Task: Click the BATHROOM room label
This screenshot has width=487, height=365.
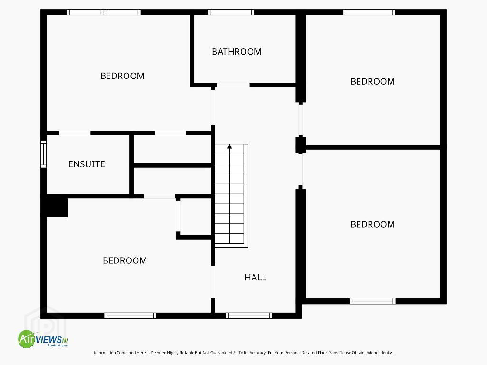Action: click(x=236, y=51)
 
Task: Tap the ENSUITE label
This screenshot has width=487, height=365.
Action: click(x=87, y=164)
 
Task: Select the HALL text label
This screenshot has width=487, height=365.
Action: click(x=255, y=278)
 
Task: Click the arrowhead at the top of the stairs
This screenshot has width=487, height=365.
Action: click(x=230, y=146)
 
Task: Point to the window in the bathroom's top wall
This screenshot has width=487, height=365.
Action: click(x=231, y=12)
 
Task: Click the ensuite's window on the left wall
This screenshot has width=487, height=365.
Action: click(x=43, y=154)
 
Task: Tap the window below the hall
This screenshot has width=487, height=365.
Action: click(x=249, y=316)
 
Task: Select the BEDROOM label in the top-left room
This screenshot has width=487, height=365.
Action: click(x=122, y=76)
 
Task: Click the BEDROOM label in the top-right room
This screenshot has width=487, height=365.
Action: click(x=372, y=81)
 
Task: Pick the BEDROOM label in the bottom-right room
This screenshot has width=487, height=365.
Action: click(x=372, y=224)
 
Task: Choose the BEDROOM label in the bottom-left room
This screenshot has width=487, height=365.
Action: click(x=125, y=260)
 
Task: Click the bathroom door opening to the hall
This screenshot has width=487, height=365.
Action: click(x=233, y=86)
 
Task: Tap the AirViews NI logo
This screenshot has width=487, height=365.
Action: click(x=43, y=339)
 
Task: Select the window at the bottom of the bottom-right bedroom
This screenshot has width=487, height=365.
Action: click(x=372, y=301)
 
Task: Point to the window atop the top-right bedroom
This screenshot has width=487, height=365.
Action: click(x=369, y=12)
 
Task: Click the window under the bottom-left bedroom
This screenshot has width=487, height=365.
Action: click(x=130, y=316)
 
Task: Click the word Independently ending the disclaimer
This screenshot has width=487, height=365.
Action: click(x=379, y=353)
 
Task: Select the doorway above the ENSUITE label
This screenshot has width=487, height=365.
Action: click(x=75, y=133)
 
